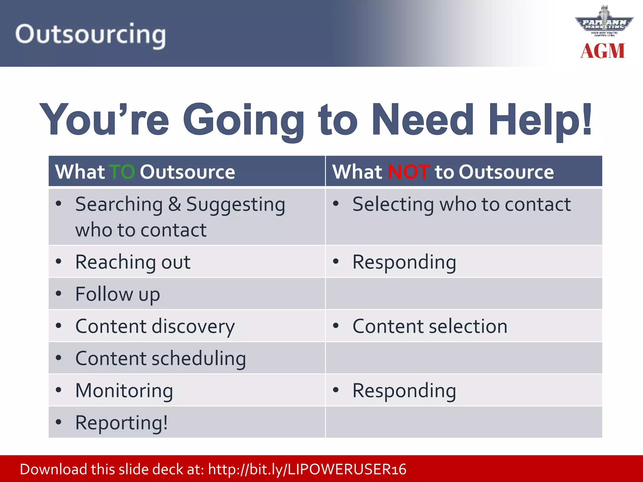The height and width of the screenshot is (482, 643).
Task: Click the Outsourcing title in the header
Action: (x=90, y=35)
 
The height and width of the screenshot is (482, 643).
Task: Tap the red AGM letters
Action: (x=602, y=51)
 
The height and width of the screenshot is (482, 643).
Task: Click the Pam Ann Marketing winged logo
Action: (x=604, y=22)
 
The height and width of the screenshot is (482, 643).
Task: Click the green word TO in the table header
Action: (x=122, y=172)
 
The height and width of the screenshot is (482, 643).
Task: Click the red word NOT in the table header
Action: (x=408, y=172)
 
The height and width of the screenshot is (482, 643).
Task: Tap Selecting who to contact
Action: (x=462, y=204)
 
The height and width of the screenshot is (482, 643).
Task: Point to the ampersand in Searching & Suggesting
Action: (x=175, y=204)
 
